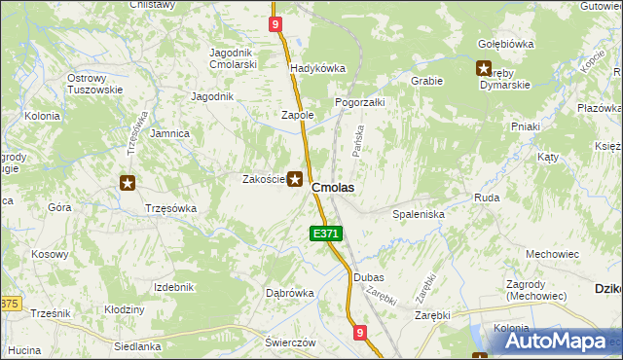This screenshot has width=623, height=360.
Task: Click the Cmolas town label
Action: (x=333, y=187)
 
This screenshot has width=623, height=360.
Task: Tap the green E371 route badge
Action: (x=326, y=234)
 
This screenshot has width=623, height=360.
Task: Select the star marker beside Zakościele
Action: (x=294, y=179)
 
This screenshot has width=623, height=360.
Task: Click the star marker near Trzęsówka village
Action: (x=127, y=182)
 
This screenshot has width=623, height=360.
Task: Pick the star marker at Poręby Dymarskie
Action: (x=484, y=68)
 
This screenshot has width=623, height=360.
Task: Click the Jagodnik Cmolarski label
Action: (x=233, y=57)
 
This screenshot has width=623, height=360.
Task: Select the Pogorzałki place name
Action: (x=361, y=102)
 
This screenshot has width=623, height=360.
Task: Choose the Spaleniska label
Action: (x=419, y=213)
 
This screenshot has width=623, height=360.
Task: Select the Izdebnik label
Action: (x=174, y=287)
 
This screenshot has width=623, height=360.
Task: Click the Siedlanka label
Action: (x=137, y=345)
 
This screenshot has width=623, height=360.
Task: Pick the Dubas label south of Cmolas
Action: (x=369, y=277)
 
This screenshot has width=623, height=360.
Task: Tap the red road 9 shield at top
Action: (x=276, y=23)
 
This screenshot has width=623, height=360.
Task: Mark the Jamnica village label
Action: (x=169, y=133)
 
